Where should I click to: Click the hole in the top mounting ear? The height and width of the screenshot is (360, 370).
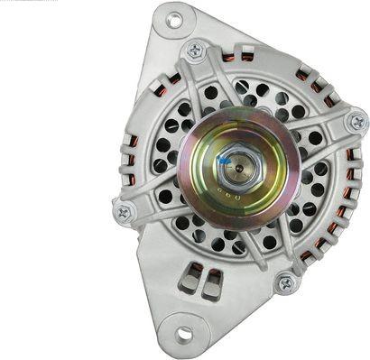click(174, 19)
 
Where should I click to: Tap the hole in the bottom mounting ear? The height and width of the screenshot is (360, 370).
click(184, 333)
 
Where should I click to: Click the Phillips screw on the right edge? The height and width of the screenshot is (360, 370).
click(357, 120)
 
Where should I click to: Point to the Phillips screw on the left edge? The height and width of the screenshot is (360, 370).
click(124, 213)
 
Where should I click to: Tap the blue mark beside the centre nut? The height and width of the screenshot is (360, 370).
click(223, 160)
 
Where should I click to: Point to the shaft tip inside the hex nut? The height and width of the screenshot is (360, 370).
click(237, 162)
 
